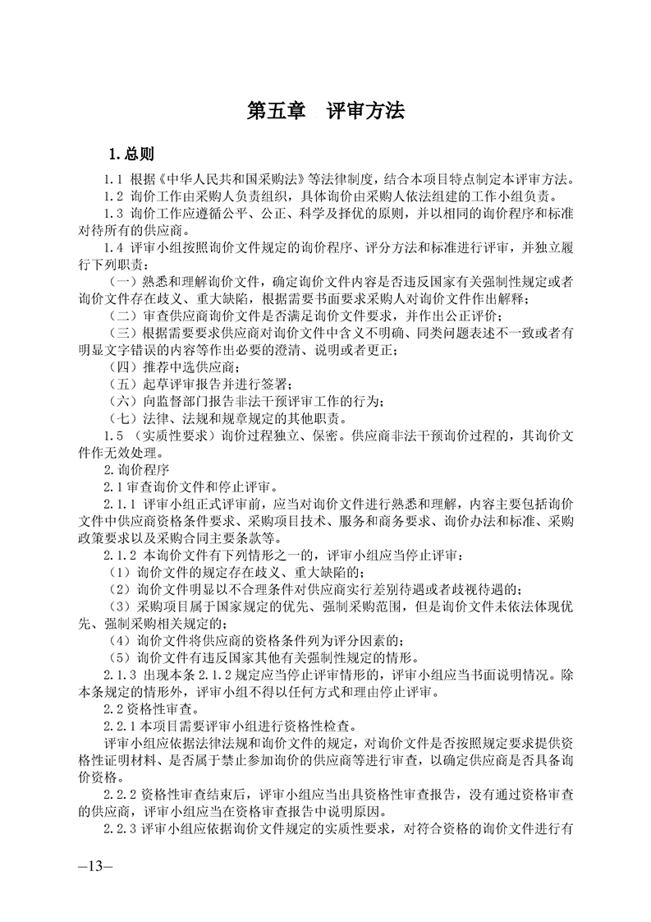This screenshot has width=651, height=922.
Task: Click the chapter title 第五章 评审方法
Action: pyautogui.click(x=326, y=112)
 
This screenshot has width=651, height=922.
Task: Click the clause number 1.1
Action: pyautogui.click(x=112, y=180)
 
